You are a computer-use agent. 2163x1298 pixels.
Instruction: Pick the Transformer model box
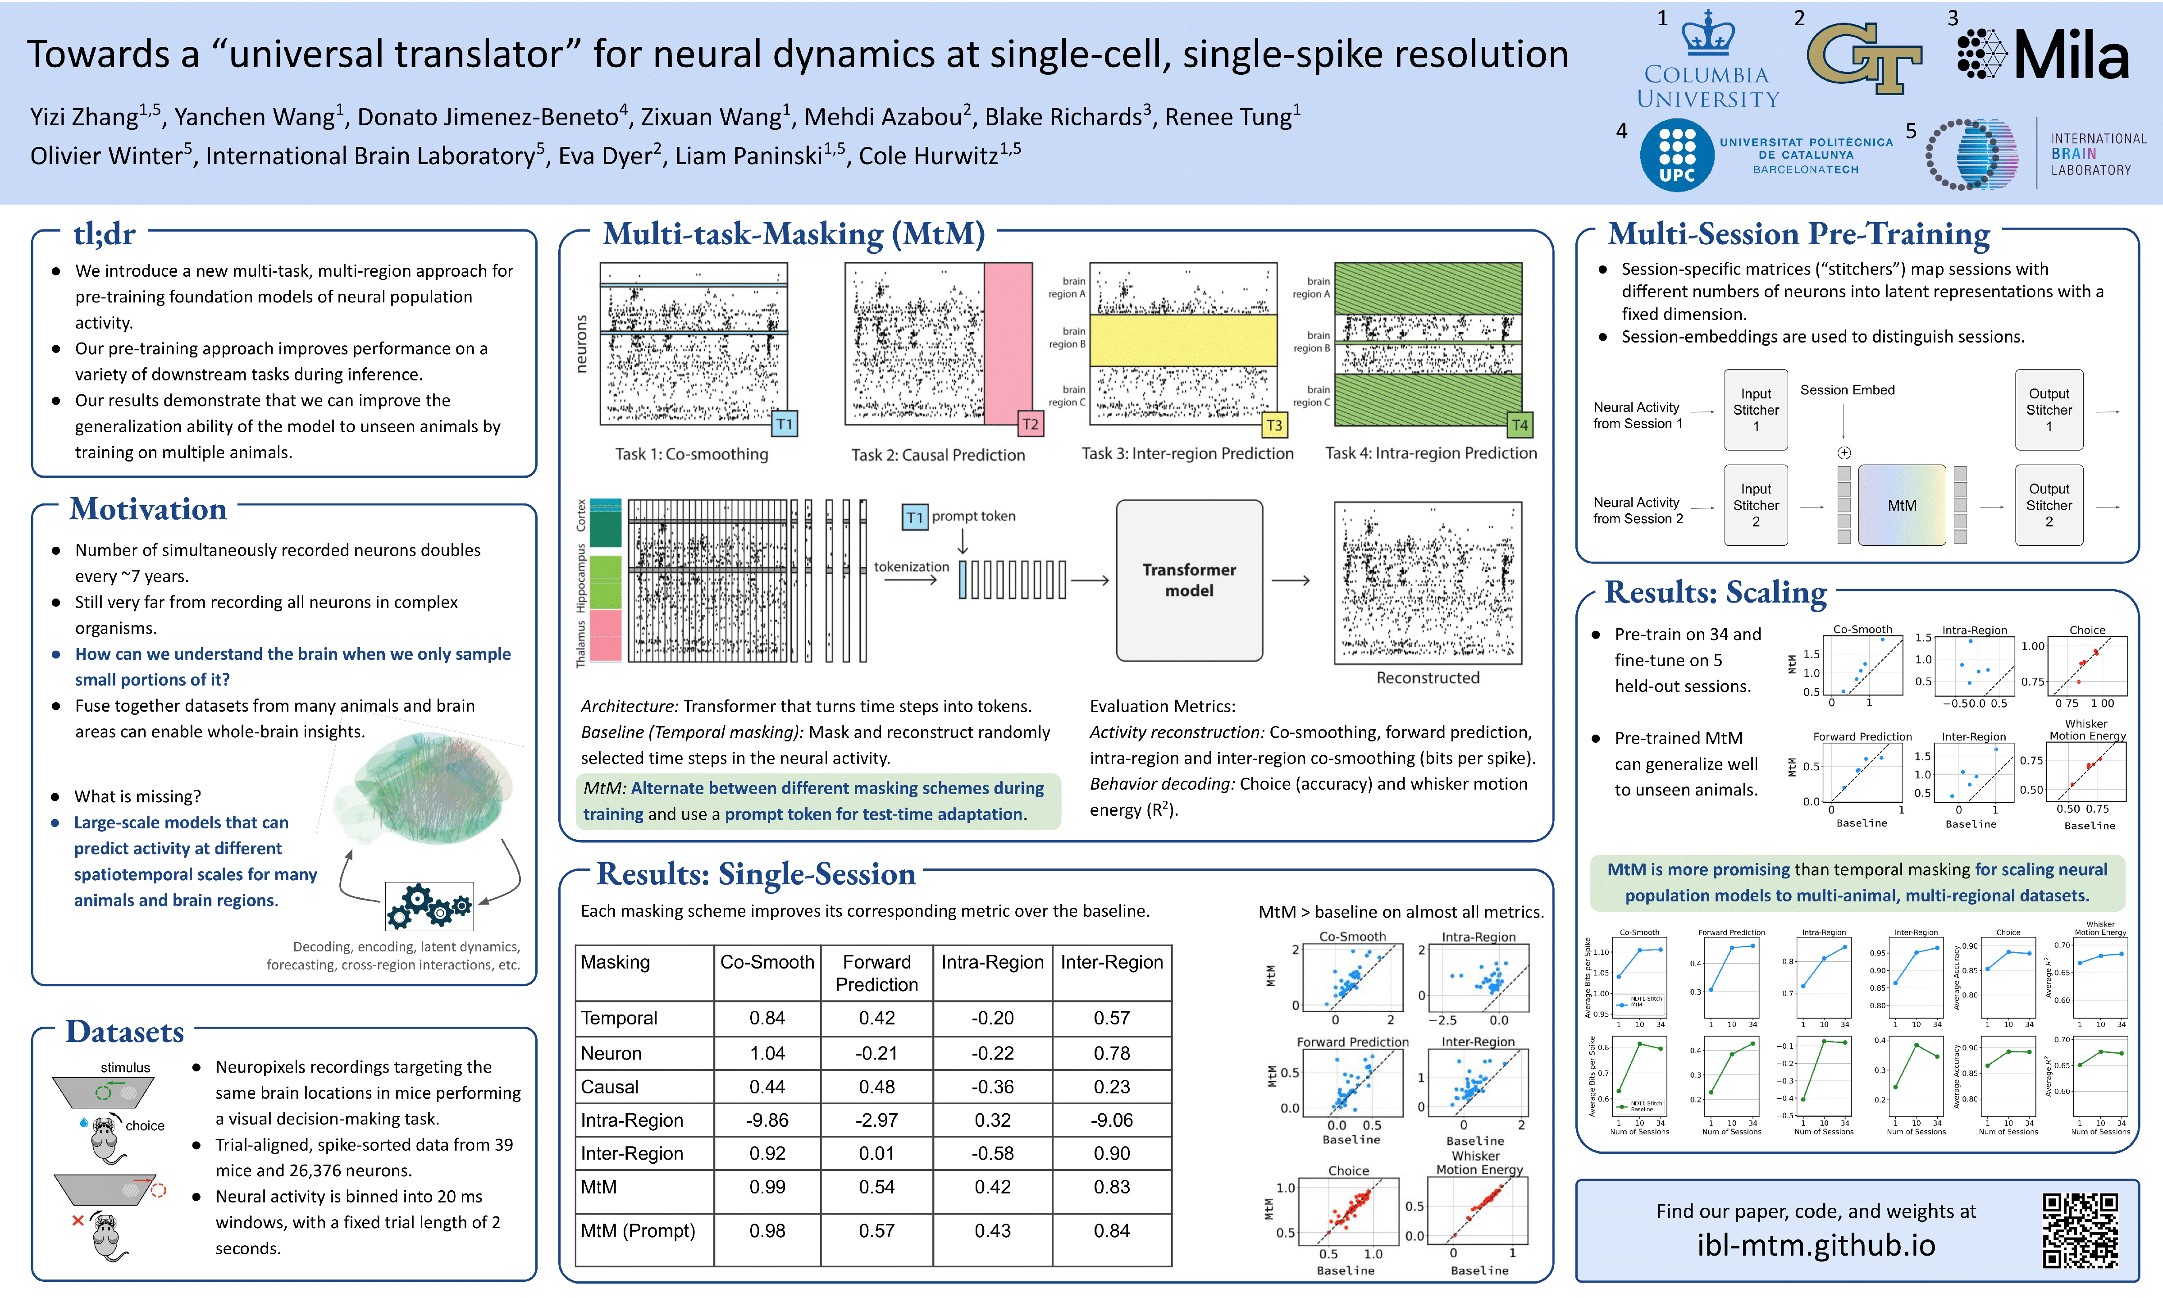click(1189, 580)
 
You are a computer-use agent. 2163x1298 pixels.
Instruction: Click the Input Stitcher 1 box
click(1756, 409)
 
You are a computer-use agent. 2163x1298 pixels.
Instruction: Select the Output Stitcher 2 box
click(2049, 506)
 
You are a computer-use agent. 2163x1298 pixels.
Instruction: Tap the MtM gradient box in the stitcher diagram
click(1902, 506)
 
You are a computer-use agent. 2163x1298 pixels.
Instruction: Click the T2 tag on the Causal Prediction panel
click(1031, 424)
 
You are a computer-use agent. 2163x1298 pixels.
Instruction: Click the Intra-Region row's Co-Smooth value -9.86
click(767, 1120)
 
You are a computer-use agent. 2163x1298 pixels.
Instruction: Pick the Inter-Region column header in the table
click(1111, 962)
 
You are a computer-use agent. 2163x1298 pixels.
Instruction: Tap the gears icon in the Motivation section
click(429, 906)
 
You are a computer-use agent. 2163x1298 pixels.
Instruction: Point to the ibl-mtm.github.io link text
click(1816, 1245)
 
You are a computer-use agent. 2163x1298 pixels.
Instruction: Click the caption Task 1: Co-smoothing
click(692, 454)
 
